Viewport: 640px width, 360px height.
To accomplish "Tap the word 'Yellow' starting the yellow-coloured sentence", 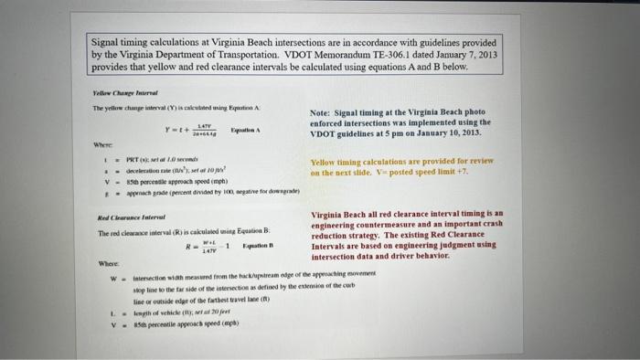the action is coord(325,162).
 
